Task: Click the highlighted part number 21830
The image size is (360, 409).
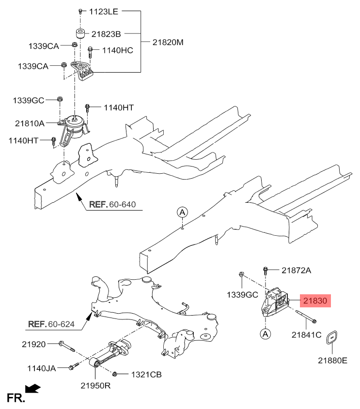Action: pyautogui.click(x=315, y=301)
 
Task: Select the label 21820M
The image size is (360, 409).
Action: pyautogui.click(x=168, y=42)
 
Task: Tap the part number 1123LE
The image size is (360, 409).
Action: pyautogui.click(x=104, y=12)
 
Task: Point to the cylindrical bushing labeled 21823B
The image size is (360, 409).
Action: pyautogui.click(x=80, y=34)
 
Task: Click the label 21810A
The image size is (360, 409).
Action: pyautogui.click(x=30, y=123)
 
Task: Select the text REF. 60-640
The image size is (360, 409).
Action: pyautogui.click(x=112, y=204)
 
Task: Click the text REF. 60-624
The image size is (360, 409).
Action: pyautogui.click(x=51, y=324)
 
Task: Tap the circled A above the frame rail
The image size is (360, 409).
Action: pyautogui.click(x=182, y=212)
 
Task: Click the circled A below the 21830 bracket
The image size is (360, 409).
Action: pyautogui.click(x=266, y=333)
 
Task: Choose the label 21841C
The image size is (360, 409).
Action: pyautogui.click(x=307, y=334)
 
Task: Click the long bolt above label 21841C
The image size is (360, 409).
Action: pyautogui.click(x=306, y=316)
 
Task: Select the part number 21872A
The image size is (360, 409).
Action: pyautogui.click(x=297, y=271)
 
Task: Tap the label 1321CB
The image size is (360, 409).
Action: pyautogui.click(x=146, y=375)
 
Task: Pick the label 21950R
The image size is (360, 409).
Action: pyautogui.click(x=95, y=385)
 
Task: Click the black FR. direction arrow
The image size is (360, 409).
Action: pyautogui.click(x=32, y=389)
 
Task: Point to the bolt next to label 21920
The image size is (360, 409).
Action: pyautogui.click(x=67, y=347)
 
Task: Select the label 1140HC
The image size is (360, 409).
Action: pyautogui.click(x=118, y=50)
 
